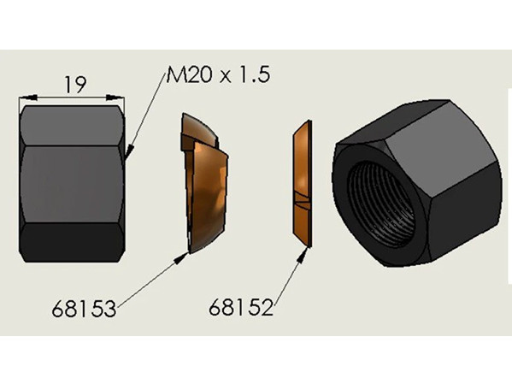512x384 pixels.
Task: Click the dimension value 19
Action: pos(76,85)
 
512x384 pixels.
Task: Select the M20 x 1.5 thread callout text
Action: pos(218,75)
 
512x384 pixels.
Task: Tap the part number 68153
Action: pos(84,309)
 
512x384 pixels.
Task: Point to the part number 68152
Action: pos(241,308)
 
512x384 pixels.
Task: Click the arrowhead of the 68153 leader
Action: pos(181,257)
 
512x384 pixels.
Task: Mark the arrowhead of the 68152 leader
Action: pos(303,254)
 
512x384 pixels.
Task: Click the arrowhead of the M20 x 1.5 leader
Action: pos(129,151)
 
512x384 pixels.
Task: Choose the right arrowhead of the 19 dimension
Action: pos(115,97)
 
